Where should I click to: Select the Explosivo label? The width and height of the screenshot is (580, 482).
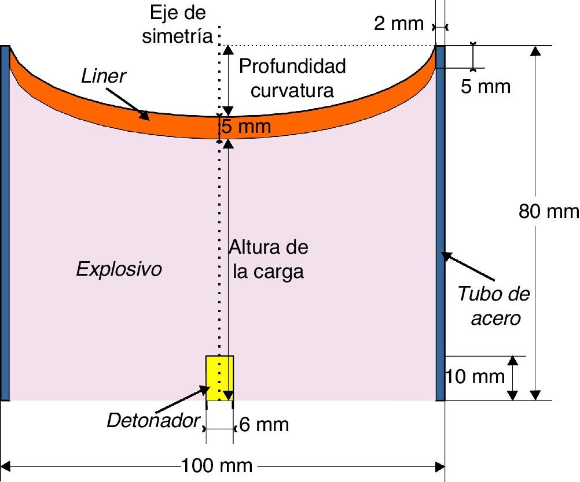click(x=119, y=269)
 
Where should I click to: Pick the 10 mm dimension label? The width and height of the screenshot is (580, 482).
click(x=475, y=376)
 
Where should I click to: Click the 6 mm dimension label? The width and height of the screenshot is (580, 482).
click(x=263, y=425)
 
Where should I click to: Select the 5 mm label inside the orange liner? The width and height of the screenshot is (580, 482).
click(x=247, y=127)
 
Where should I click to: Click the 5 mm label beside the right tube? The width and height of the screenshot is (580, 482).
click(x=486, y=87)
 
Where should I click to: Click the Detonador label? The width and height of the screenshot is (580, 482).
click(x=153, y=420)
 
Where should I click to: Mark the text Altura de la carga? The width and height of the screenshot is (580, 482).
click(x=268, y=259)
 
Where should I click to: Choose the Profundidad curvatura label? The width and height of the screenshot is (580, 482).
click(x=292, y=78)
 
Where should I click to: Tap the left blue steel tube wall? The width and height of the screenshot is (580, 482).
click(x=5, y=223)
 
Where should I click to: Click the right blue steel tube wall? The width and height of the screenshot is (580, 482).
click(x=440, y=223)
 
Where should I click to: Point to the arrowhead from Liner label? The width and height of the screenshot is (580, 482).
click(x=145, y=117)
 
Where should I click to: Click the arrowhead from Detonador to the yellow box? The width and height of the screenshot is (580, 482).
click(x=207, y=388)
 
